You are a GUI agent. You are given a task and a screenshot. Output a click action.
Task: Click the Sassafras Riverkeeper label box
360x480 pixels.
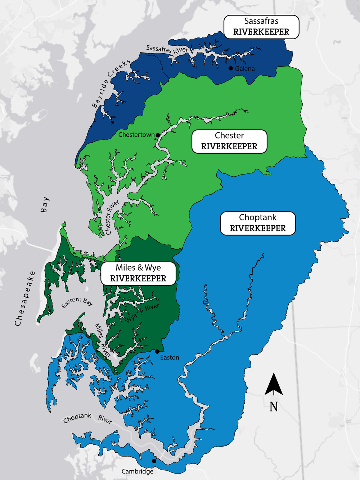click(261, 27)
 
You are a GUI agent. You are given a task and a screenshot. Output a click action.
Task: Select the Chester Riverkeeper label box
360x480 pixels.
click(229, 141)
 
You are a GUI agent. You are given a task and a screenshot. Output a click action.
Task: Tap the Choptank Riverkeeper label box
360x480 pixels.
click(258, 223)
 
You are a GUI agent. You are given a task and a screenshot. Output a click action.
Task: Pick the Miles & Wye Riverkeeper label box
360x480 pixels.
click(138, 273)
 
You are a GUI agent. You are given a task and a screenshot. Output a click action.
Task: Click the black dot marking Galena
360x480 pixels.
click(231, 68)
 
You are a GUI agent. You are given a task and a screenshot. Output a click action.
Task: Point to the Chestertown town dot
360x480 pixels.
click(158, 135)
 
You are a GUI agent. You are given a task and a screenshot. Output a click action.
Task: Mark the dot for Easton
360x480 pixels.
click(157, 351)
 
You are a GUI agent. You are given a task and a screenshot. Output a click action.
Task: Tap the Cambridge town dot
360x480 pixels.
click(154, 461)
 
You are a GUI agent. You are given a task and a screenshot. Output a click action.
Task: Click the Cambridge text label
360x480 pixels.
click(137, 471)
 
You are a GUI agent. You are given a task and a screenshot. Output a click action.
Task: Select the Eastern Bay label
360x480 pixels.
click(77, 302)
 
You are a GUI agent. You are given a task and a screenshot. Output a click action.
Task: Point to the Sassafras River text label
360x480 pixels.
click(167, 50)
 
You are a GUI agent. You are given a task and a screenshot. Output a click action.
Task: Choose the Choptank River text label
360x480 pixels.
click(87, 418)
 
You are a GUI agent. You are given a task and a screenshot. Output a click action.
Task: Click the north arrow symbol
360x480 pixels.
click(274, 384)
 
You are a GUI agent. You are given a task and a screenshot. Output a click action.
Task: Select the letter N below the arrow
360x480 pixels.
click(274, 407)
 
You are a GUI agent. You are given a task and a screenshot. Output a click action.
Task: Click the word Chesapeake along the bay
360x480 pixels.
click(25, 299)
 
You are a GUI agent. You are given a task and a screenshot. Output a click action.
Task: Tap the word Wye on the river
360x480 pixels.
click(131, 317)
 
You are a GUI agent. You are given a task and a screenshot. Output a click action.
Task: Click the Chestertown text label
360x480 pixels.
click(136, 135)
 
